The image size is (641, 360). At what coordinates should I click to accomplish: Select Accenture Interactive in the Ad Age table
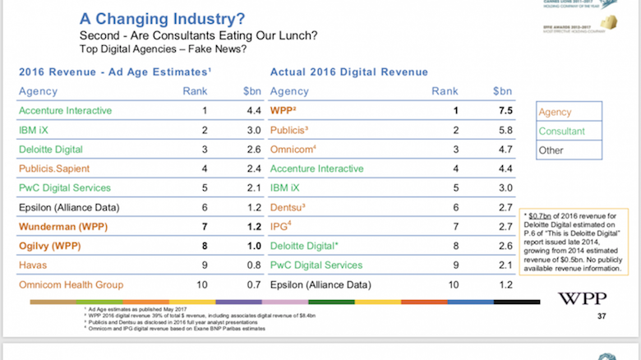[x=65, y=110]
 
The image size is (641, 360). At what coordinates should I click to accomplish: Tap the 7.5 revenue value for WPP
[x=506, y=110]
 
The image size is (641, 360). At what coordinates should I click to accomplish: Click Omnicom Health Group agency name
[x=71, y=284]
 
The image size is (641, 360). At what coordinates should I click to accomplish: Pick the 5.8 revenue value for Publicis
[x=506, y=130]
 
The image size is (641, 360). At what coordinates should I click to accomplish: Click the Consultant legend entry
[x=562, y=132]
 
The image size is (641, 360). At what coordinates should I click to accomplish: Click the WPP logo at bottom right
[x=583, y=298]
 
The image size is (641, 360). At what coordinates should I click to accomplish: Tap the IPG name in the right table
[x=282, y=226]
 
